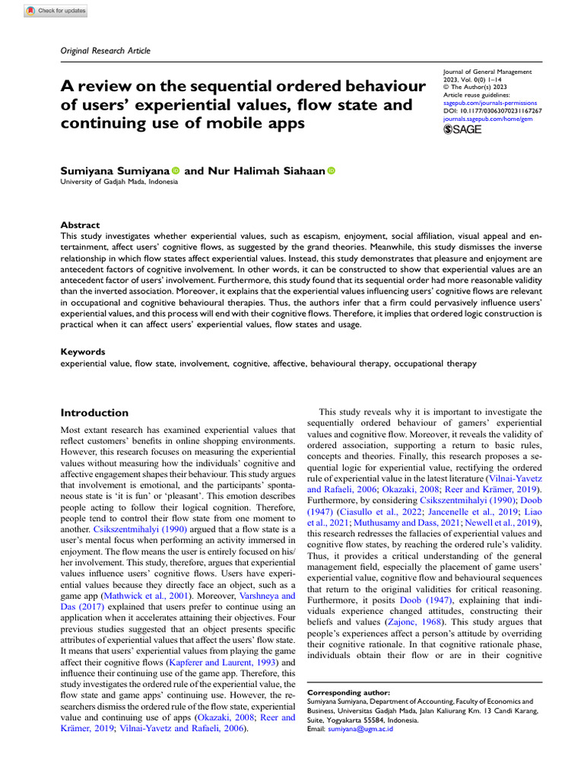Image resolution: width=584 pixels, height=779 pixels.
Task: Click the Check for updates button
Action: (56, 11)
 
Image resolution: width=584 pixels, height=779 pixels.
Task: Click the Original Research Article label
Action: (105, 50)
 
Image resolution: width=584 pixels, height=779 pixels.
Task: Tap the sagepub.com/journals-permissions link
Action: (489, 103)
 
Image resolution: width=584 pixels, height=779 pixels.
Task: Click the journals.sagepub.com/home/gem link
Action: (486, 119)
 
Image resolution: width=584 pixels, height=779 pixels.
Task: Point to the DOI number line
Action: (491, 111)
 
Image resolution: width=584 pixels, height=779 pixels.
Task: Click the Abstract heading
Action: (80, 225)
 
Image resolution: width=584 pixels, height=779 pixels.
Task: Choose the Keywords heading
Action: (83, 352)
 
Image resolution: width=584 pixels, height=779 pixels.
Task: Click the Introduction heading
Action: (94, 412)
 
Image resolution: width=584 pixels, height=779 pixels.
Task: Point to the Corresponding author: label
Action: (348, 693)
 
